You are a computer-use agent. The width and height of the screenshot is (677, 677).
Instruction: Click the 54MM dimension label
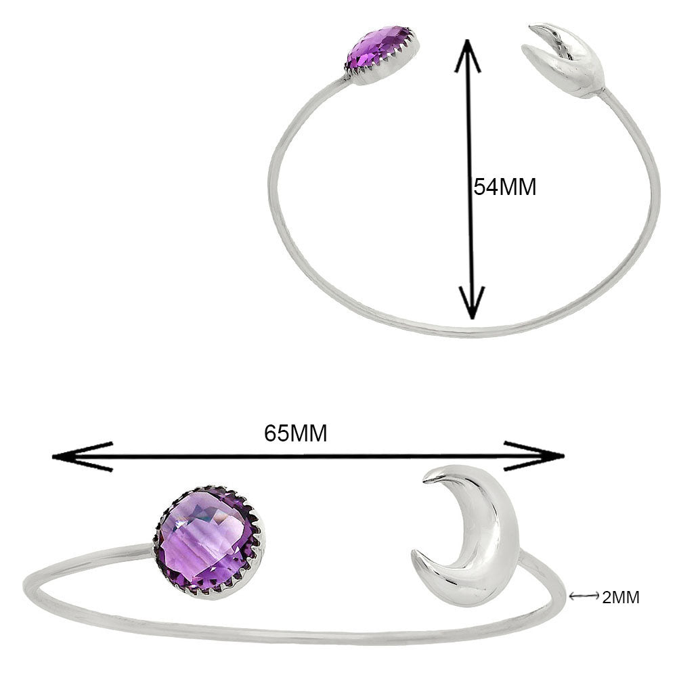(x=505, y=188)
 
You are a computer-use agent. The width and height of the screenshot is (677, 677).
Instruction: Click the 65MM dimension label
(x=296, y=433)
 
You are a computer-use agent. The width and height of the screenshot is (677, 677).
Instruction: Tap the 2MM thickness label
(x=620, y=598)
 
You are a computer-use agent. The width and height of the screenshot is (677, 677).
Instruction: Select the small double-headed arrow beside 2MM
(x=584, y=596)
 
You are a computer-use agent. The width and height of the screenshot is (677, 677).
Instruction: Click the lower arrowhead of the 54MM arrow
(x=473, y=303)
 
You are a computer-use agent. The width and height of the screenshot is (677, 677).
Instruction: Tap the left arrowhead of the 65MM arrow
(x=82, y=457)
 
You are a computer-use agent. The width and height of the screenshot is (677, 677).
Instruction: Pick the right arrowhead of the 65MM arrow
(x=535, y=456)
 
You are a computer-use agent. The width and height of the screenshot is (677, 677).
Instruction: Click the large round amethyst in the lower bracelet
(x=209, y=542)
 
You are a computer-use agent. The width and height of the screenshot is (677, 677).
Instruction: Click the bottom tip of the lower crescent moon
(x=413, y=553)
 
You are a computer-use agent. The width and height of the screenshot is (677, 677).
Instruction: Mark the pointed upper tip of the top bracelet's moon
(x=531, y=27)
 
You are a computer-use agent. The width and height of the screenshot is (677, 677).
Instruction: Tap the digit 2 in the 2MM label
(x=607, y=598)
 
